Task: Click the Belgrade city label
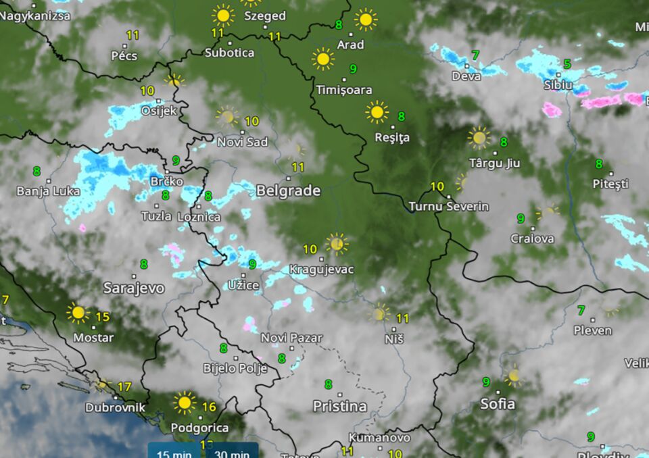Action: click(x=288, y=191)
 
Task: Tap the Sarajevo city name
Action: click(x=134, y=288)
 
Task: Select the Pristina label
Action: click(x=339, y=407)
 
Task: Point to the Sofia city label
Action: click(x=497, y=404)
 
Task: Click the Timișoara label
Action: click(x=343, y=89)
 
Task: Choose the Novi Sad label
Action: click(x=242, y=142)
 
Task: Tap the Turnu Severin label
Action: click(x=448, y=206)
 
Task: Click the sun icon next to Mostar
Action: click(x=78, y=313)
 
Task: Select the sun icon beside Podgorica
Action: click(x=184, y=403)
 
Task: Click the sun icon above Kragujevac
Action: click(x=336, y=244)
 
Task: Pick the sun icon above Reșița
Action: click(x=377, y=111)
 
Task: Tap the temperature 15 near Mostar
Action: click(x=103, y=317)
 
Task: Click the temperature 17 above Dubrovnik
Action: click(x=124, y=387)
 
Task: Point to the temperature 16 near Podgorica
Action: click(x=209, y=407)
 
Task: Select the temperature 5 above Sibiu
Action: click(x=567, y=64)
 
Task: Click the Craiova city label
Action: click(x=532, y=238)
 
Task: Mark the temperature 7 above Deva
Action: click(x=476, y=55)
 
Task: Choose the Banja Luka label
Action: click(x=48, y=191)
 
